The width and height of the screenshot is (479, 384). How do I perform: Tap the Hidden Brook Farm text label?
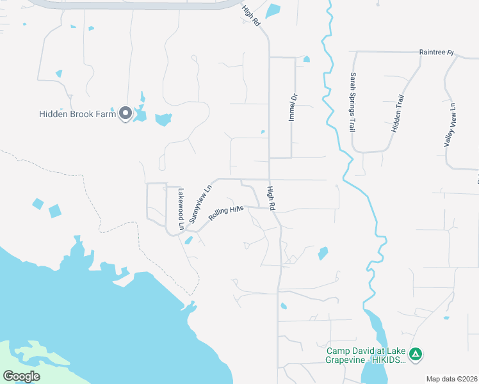(x=77, y=115)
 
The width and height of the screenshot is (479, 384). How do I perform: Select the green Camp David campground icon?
(x=416, y=353)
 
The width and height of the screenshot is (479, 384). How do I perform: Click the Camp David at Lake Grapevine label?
(x=366, y=355)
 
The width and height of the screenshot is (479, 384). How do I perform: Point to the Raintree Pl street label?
(x=436, y=51)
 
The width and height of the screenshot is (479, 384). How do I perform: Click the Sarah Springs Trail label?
(x=352, y=102)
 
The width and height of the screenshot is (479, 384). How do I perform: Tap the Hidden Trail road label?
(x=398, y=113)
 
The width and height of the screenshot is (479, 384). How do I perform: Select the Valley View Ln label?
(x=451, y=125)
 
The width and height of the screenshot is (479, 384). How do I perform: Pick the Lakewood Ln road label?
(x=181, y=209)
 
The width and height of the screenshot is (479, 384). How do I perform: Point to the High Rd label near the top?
(x=251, y=16)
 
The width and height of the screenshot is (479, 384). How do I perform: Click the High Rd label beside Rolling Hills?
(x=271, y=198)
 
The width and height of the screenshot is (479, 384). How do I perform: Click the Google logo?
(x=21, y=376)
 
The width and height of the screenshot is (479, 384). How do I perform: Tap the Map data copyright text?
(x=452, y=379)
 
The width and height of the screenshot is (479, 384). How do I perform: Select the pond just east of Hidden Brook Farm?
(x=164, y=119)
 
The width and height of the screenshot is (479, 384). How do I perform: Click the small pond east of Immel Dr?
(x=306, y=60)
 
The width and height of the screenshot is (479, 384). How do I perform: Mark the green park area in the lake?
(x=26, y=358)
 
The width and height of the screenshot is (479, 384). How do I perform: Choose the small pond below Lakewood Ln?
(x=188, y=241)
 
